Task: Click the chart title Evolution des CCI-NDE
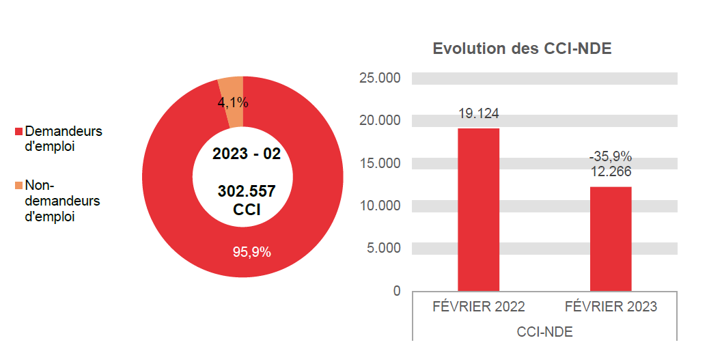coord(522,49)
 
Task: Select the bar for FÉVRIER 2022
coord(478,210)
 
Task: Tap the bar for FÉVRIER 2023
coord(611,239)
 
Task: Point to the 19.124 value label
coord(478,113)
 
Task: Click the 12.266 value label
coord(611,171)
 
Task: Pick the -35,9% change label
coord(611,156)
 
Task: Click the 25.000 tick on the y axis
coord(380,78)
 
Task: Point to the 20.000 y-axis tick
coord(380,121)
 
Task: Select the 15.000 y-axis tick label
coord(380,163)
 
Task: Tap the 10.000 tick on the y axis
coord(380,206)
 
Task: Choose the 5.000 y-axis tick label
coord(383,248)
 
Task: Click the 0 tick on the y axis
coord(397,291)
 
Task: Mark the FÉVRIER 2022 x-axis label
coord(478,307)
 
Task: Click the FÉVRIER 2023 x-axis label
coord(611,307)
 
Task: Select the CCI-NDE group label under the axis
coord(544,332)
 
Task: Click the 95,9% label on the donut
coord(251,252)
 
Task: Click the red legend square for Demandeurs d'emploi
coord(18,131)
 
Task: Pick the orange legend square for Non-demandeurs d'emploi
coord(18,185)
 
